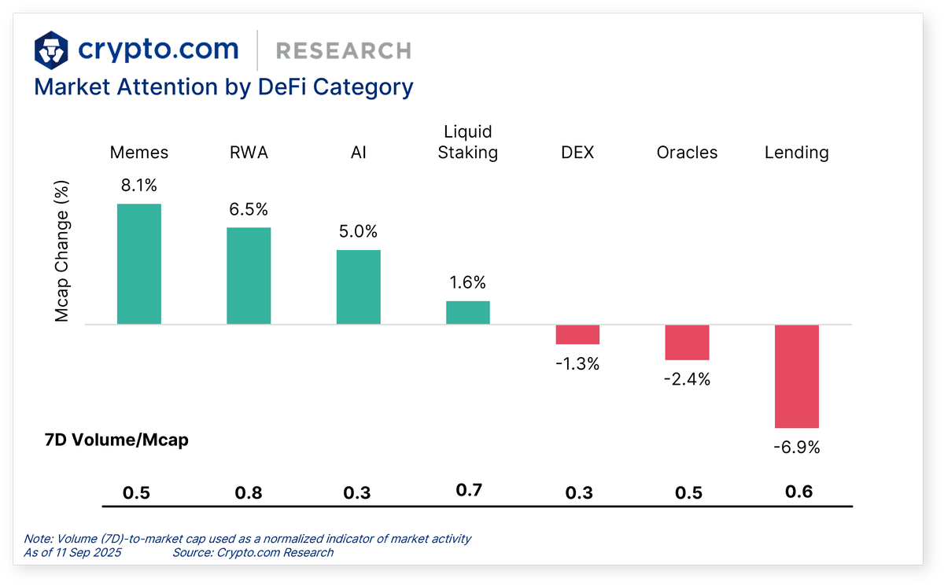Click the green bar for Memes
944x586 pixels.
point(139,264)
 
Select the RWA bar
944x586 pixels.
point(249,275)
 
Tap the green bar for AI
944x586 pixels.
point(358,287)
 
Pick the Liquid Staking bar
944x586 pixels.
point(468,312)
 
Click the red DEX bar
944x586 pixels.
point(577,334)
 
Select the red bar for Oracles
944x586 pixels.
point(687,342)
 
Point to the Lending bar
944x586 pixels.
point(797,376)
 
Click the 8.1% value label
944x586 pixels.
point(139,186)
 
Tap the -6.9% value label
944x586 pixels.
point(797,448)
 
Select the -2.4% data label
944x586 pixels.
point(688,379)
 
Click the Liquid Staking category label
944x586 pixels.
point(468,142)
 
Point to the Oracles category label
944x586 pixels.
point(687,153)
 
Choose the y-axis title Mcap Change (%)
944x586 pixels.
point(62,251)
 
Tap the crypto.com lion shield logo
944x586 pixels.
point(51,50)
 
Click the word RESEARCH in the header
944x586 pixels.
point(343,51)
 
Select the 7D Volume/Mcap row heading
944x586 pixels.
point(116,440)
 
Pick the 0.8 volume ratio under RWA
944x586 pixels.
point(249,493)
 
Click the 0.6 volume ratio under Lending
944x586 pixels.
point(797,492)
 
